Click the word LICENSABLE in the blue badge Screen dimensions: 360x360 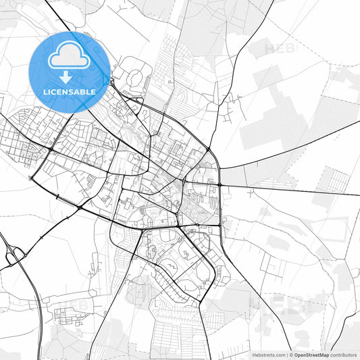click(69, 91)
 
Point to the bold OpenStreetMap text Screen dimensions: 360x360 click(310, 354)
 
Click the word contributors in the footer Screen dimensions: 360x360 click(343, 354)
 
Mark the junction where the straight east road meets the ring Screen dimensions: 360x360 click(220, 184)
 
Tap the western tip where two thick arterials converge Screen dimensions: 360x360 click(31, 178)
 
